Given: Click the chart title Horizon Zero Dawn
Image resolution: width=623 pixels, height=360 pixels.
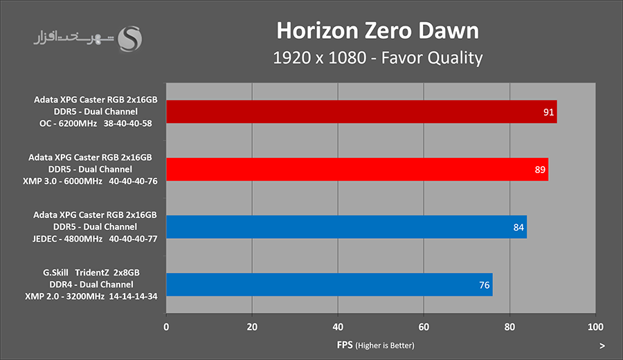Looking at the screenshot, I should [x=377, y=30].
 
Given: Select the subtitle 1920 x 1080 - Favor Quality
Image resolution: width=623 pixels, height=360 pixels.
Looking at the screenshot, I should [x=377, y=57].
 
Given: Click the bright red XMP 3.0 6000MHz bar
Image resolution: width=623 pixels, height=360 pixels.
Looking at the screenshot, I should [x=357, y=169].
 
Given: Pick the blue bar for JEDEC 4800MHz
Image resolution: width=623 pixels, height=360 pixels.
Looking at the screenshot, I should [x=346, y=226].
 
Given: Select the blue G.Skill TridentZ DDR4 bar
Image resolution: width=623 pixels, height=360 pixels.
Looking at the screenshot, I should [x=329, y=285].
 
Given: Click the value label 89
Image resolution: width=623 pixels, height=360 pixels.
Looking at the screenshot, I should [x=540, y=169].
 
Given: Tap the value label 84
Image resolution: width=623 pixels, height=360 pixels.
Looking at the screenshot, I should [x=518, y=226].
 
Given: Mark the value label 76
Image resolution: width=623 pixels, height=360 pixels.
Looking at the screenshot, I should [x=484, y=285].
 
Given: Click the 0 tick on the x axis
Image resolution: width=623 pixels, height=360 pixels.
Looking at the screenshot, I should [x=166, y=326].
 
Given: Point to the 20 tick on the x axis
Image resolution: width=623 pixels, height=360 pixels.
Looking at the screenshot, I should [x=252, y=326].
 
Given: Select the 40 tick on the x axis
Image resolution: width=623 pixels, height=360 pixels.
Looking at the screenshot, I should [x=338, y=326].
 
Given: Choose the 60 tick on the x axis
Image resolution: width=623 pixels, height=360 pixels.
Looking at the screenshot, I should [x=424, y=326].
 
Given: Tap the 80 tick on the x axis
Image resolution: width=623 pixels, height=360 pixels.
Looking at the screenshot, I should [x=509, y=326].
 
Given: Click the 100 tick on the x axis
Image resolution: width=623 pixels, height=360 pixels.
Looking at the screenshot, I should [x=595, y=326].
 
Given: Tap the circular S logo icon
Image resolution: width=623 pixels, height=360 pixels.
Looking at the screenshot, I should [x=131, y=39].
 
